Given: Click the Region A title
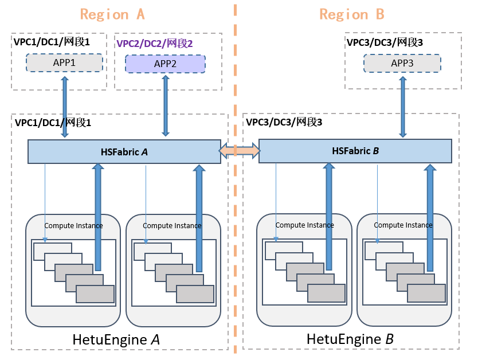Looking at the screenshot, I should pos(112,14).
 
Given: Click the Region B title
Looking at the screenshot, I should pos(351,14).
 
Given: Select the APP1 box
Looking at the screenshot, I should pos(64,62).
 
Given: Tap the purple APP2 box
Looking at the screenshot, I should pos(165,64).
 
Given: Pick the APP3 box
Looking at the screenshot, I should pos(402,63).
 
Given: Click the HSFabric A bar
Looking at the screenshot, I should pos(124,152).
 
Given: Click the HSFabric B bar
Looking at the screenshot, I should pos(355,151).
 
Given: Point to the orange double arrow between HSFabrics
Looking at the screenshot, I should pos(240,151).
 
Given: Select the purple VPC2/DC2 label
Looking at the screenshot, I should pos(155,44).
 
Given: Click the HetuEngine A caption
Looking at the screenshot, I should pos(116,339).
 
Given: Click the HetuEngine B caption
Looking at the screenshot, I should pos(350,339).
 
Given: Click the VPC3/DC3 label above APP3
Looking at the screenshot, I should pos(384,42).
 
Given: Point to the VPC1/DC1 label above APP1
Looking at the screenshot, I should pos(52,42).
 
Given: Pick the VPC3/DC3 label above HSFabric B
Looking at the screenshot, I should pos(284,122).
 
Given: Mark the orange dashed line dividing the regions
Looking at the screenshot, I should pos(235,229).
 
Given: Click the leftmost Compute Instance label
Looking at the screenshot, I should pos(73,225).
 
